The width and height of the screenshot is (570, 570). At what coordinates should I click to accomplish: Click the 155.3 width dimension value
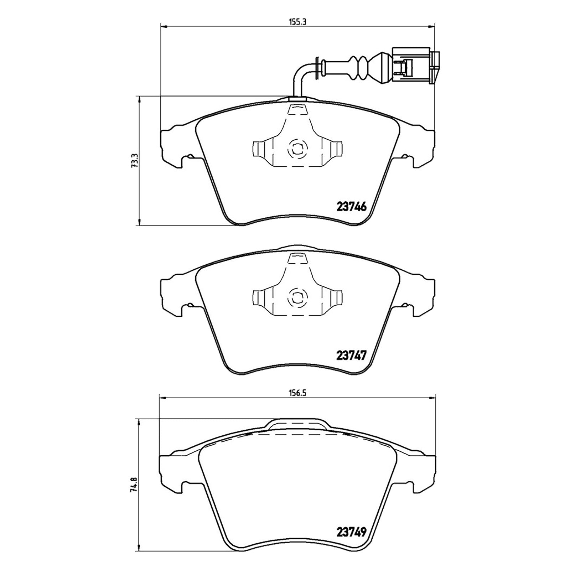coord(297,21)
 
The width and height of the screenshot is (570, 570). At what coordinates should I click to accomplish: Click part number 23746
coord(352,207)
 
